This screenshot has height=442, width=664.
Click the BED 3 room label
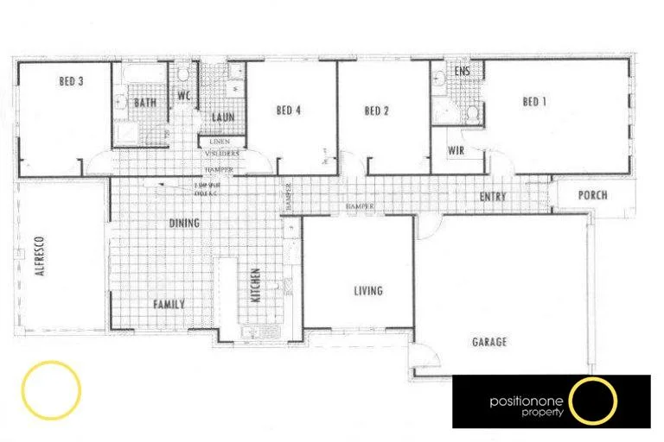[71, 83]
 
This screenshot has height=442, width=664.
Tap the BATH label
[144, 103]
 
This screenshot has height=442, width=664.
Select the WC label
[184, 96]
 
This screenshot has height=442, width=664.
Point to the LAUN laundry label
[222, 117]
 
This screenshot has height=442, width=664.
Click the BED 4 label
[289, 110]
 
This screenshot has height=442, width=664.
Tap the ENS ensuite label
[462, 72]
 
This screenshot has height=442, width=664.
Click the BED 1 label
[535, 102]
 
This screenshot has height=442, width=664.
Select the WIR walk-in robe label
[456, 150]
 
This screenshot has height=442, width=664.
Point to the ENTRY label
[493, 198]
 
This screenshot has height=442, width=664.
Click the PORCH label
[592, 195]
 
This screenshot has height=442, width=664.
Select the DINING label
[184, 223]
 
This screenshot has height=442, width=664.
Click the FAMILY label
[169, 305]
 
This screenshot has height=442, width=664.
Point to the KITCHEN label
[256, 285]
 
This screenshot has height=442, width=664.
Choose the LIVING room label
[368, 291]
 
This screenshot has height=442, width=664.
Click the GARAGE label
[489, 342]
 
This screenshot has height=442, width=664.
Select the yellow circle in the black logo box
[594, 401]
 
